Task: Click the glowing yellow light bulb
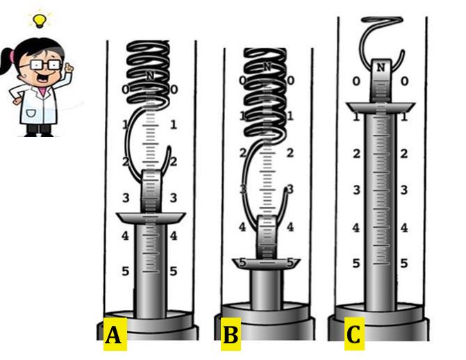tap(40, 21)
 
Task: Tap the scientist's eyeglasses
tap(45, 65)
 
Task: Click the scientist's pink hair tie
tap(12, 56)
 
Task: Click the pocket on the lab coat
tap(31, 114)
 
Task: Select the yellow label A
tap(115, 334)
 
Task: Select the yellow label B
tap(231, 334)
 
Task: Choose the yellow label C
tap(354, 334)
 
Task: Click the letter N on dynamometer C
tap(381, 67)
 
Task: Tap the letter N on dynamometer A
tap(151, 76)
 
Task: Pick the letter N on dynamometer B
tap(267, 67)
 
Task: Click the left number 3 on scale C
tap(357, 190)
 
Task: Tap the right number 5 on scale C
tap(403, 263)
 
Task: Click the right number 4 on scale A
tap(174, 236)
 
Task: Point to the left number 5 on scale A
tap(126, 271)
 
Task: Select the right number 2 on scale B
tap(290, 153)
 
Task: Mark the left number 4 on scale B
tap(242, 227)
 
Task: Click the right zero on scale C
tap(404, 81)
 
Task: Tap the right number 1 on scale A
tap(174, 124)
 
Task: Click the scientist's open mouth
tap(43, 78)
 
